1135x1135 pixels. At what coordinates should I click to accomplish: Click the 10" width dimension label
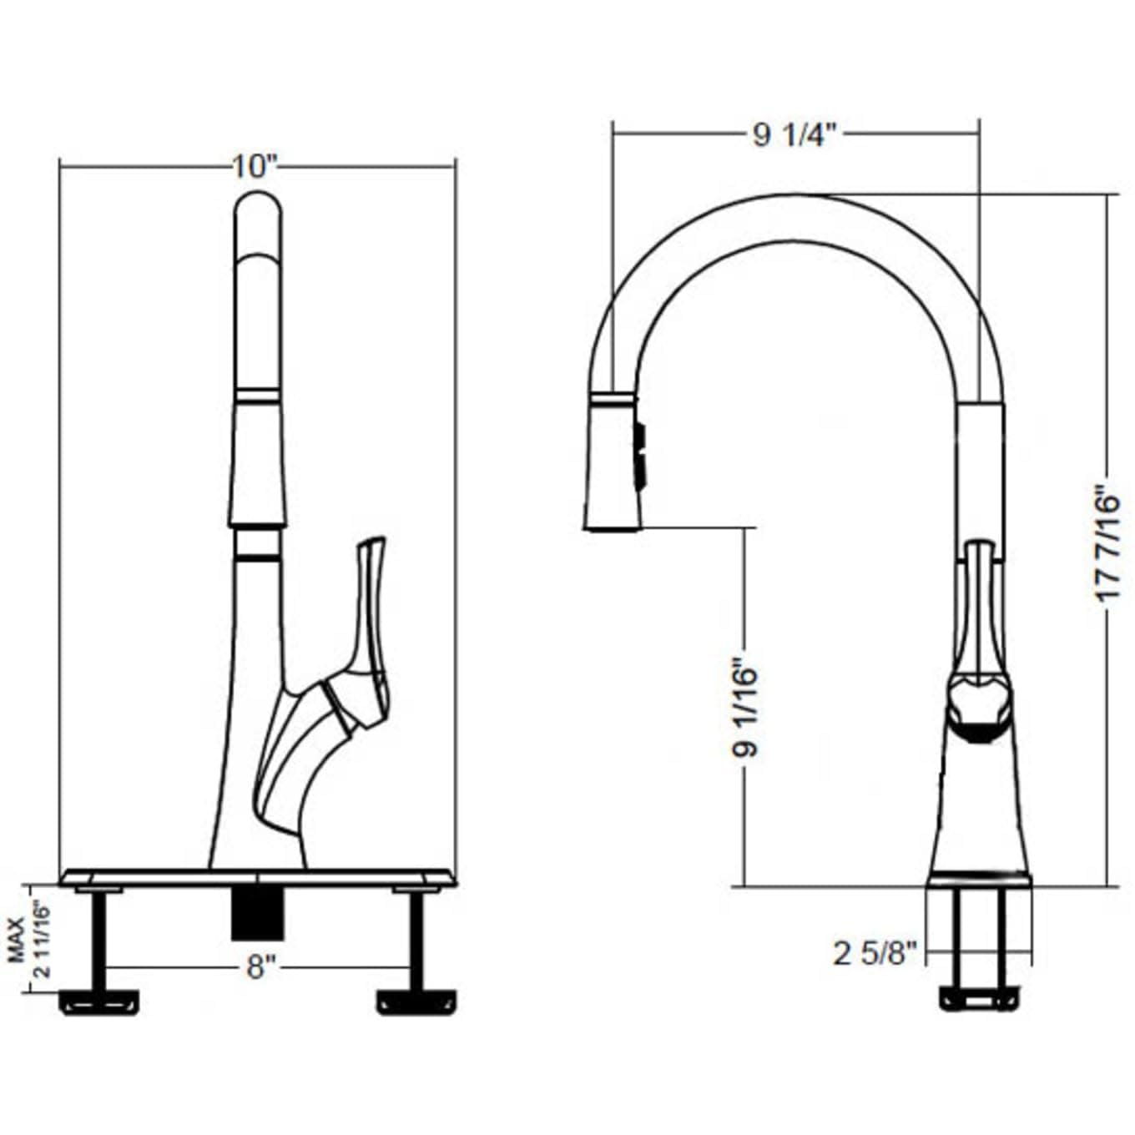[254, 166]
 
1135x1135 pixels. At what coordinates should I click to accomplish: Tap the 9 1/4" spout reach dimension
[794, 134]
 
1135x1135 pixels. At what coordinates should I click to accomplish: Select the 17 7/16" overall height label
[1107, 544]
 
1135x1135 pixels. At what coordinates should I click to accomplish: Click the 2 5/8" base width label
[875, 952]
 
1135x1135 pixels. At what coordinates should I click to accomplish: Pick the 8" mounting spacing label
[260, 967]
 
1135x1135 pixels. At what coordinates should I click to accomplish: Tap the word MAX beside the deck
[15, 939]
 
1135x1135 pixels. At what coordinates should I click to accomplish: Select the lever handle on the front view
[369, 618]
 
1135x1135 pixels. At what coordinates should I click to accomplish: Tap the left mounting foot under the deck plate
[100, 1001]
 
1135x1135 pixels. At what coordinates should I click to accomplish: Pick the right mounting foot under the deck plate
[416, 1001]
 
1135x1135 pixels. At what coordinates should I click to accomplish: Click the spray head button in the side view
[640, 455]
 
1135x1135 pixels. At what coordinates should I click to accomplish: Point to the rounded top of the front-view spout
[258, 209]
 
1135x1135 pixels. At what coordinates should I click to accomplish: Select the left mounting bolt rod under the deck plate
[99, 939]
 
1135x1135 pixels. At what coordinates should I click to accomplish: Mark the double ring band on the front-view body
[257, 543]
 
